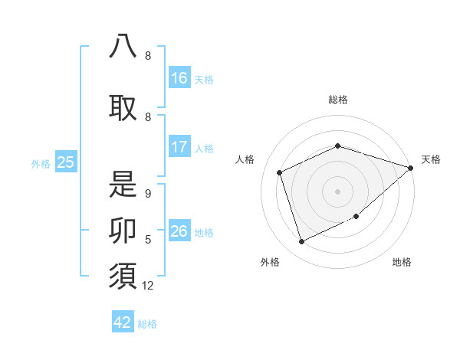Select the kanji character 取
tap(123, 106)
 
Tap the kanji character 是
tap(123, 184)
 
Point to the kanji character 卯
tap(123, 230)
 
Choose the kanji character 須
tap(123, 276)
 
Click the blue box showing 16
tap(179, 78)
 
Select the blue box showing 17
tap(179, 147)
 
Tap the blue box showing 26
tap(179, 231)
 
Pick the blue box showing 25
tap(65, 162)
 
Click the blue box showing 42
tap(123, 322)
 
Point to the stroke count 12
tap(148, 286)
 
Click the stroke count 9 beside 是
tap(147, 194)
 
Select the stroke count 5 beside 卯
tap(147, 240)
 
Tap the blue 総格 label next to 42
tap(147, 324)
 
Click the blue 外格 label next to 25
tap(41, 163)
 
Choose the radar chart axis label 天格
tap(431, 159)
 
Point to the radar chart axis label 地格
tap(402, 262)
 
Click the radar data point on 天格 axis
tap(411, 168)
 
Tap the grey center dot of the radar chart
tap(337, 191)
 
